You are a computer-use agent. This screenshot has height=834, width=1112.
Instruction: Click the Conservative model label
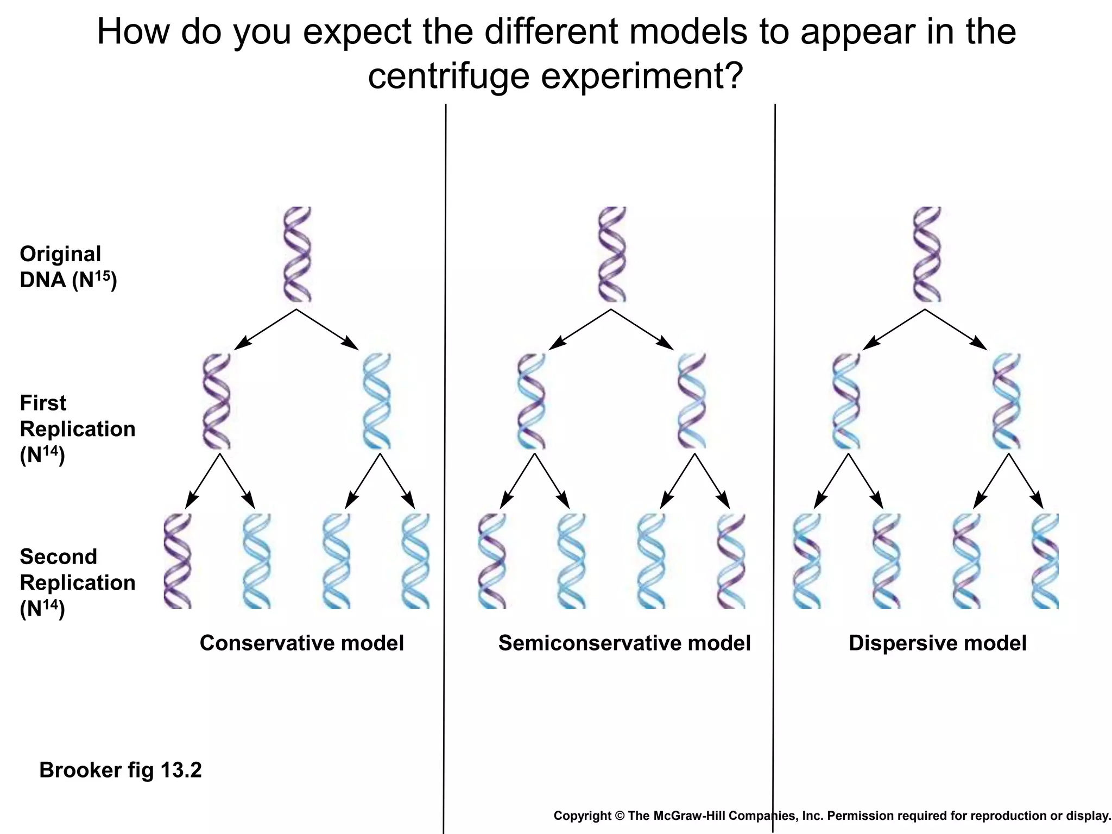tap(302, 643)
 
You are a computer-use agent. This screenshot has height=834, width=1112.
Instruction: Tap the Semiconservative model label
tap(624, 643)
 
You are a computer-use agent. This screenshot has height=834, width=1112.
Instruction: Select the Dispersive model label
tap(937, 643)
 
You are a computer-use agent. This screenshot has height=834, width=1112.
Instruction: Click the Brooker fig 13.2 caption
tap(121, 770)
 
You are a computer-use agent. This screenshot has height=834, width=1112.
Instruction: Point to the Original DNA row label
tap(68, 267)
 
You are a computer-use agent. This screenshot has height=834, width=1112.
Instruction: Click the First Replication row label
tap(77, 429)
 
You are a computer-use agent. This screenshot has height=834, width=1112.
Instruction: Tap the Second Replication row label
tap(77, 583)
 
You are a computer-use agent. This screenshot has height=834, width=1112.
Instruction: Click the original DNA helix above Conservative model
tap(298, 254)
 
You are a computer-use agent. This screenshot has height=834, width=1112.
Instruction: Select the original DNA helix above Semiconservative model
tap(612, 254)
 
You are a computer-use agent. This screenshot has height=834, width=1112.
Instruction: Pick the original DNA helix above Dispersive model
tap(926, 254)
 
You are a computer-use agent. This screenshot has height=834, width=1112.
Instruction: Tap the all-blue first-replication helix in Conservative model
tap(376, 401)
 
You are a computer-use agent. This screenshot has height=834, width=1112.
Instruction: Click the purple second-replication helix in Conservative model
tap(178, 561)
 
